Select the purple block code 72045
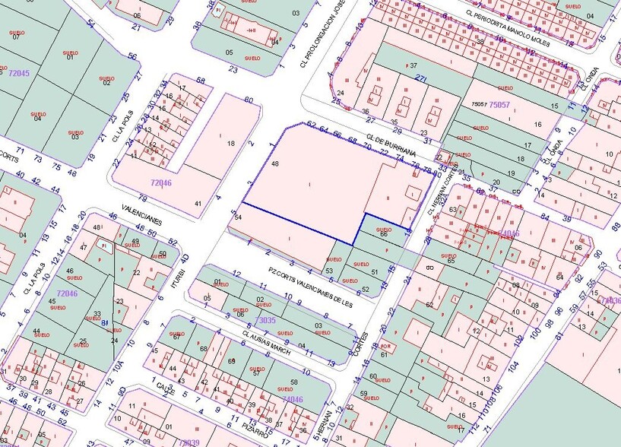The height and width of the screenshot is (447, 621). (x=18, y=73)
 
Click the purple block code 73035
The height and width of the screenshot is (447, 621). (x=265, y=321)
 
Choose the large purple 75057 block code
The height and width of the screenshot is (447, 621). (x=500, y=104)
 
